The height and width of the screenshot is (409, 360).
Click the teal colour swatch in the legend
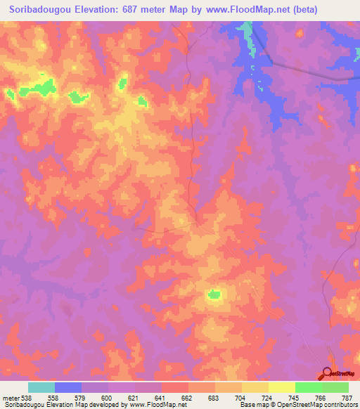(x=41, y=387)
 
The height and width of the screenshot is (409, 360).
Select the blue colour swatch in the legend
(x=68, y=387)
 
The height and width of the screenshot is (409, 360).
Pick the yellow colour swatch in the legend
(x=282, y=387)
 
